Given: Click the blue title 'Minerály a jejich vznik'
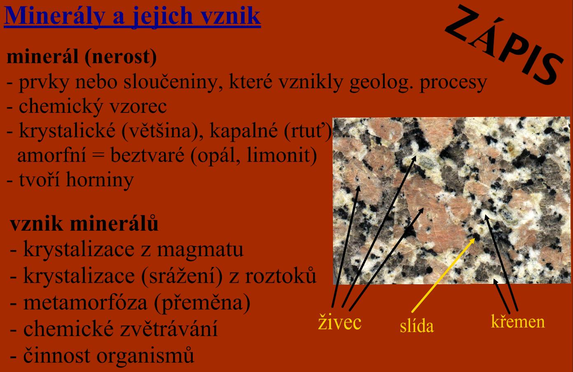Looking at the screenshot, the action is click(132, 16).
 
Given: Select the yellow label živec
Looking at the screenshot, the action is click(339, 323).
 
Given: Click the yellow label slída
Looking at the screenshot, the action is click(417, 326).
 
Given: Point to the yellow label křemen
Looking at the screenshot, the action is click(518, 321).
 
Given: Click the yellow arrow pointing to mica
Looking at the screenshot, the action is click(443, 275).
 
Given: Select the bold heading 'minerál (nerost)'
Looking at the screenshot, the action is click(82, 57).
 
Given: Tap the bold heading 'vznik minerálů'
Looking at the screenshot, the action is click(84, 223).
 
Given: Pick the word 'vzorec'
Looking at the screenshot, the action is click(138, 106).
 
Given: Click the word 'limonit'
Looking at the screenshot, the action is click(282, 155).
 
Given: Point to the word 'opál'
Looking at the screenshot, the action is click(215, 155).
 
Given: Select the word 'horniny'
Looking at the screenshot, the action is click(100, 180).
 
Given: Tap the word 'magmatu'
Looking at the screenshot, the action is click(200, 250).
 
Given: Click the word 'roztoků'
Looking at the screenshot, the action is click(281, 275).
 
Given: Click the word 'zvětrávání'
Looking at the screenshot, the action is click(169, 328).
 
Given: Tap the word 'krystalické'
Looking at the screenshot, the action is click(67, 131).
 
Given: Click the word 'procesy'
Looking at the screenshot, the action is click(453, 83).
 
